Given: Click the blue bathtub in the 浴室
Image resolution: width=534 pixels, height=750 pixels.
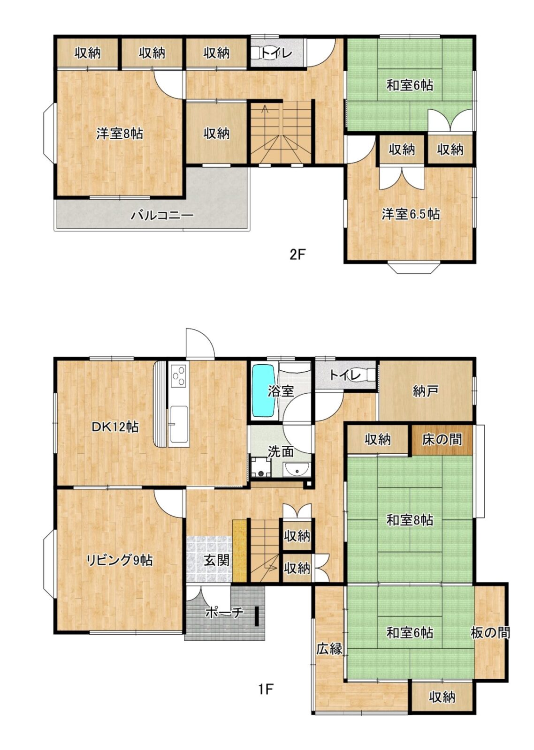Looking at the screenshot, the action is click(x=264, y=391).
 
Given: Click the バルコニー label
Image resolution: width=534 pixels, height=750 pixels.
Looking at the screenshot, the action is click(x=162, y=215).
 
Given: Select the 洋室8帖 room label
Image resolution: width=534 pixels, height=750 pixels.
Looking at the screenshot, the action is click(x=120, y=134).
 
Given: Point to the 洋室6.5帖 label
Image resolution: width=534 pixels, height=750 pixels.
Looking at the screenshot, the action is click(x=411, y=214).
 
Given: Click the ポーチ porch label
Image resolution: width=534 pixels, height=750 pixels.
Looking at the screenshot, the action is click(x=224, y=613).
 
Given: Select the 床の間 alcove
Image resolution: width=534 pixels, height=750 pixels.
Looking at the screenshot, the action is click(x=442, y=439).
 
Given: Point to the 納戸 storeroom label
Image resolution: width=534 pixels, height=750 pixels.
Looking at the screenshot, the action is click(x=425, y=391).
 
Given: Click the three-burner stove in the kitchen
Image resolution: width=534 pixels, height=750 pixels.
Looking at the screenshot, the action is click(x=178, y=375).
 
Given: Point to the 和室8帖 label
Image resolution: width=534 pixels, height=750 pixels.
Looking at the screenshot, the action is click(x=410, y=520).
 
